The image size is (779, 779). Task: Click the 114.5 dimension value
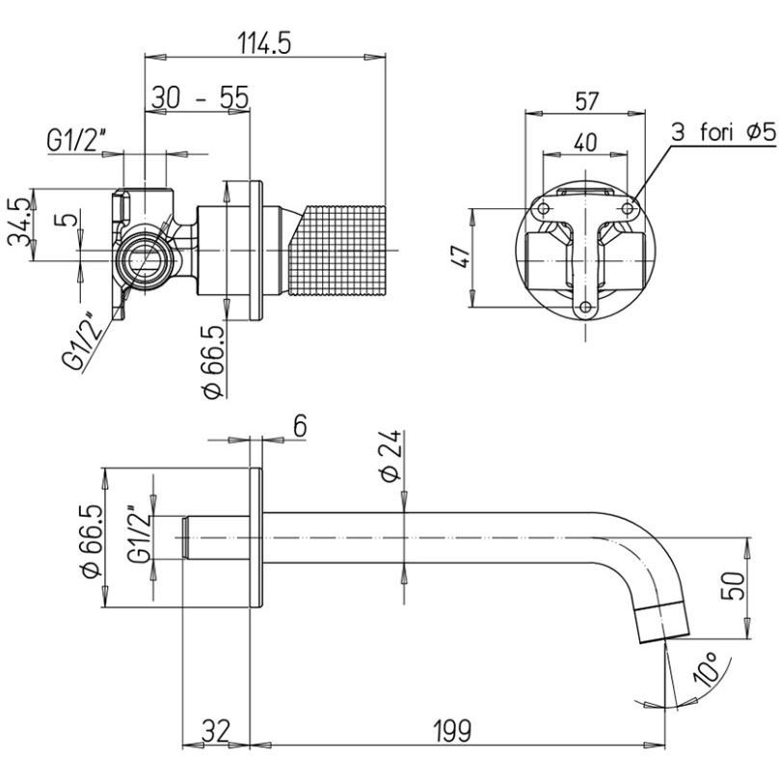(264, 42)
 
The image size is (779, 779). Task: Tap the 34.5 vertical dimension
(19, 225)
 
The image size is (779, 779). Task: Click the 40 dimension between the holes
(585, 141)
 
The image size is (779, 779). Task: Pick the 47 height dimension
(461, 257)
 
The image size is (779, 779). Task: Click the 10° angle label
(708, 669)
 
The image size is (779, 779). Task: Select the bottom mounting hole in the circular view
(584, 308)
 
